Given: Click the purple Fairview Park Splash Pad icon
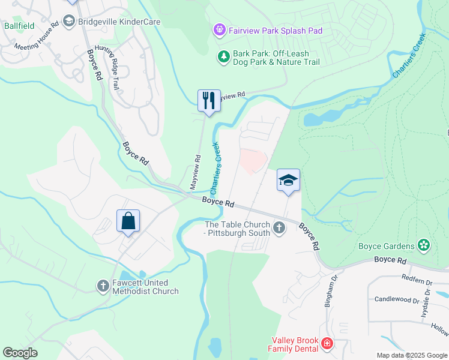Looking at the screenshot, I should click(x=220, y=29).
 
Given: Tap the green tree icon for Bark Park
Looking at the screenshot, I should click(x=223, y=57).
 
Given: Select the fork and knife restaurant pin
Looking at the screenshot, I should click(x=209, y=100).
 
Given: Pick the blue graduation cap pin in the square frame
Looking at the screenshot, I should click(x=288, y=179).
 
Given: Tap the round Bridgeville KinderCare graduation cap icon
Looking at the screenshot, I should click(x=68, y=22).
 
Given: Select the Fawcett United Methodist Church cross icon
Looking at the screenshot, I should click(x=103, y=286).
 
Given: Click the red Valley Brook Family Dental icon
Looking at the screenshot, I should click(x=327, y=344).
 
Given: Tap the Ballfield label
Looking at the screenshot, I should click(x=19, y=26).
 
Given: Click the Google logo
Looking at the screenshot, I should click(x=20, y=353).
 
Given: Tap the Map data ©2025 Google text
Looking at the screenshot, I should click(x=411, y=355).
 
